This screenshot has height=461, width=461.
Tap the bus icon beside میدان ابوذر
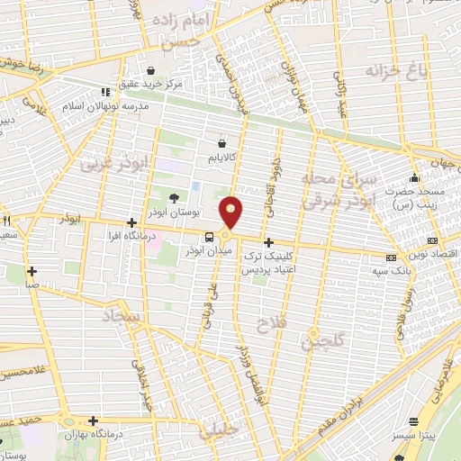[209, 237]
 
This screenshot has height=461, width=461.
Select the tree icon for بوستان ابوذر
[173, 198]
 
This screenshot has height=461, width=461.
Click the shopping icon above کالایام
[222, 141]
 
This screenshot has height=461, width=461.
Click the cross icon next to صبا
[32, 270]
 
